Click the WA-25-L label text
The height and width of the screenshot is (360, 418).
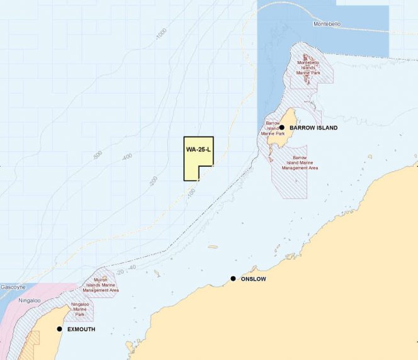198,150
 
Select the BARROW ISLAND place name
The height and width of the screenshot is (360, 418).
313,128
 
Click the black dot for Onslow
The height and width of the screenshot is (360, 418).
233,279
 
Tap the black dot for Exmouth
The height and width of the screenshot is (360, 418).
60,329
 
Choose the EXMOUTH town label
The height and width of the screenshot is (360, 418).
81,330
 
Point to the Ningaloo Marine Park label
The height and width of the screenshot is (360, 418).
79,309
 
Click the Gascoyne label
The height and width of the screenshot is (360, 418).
13,286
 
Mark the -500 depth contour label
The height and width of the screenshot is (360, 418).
97,154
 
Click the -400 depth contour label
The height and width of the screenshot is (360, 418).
127,156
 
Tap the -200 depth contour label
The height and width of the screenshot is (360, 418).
153,181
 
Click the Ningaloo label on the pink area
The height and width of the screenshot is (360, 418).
28,300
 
